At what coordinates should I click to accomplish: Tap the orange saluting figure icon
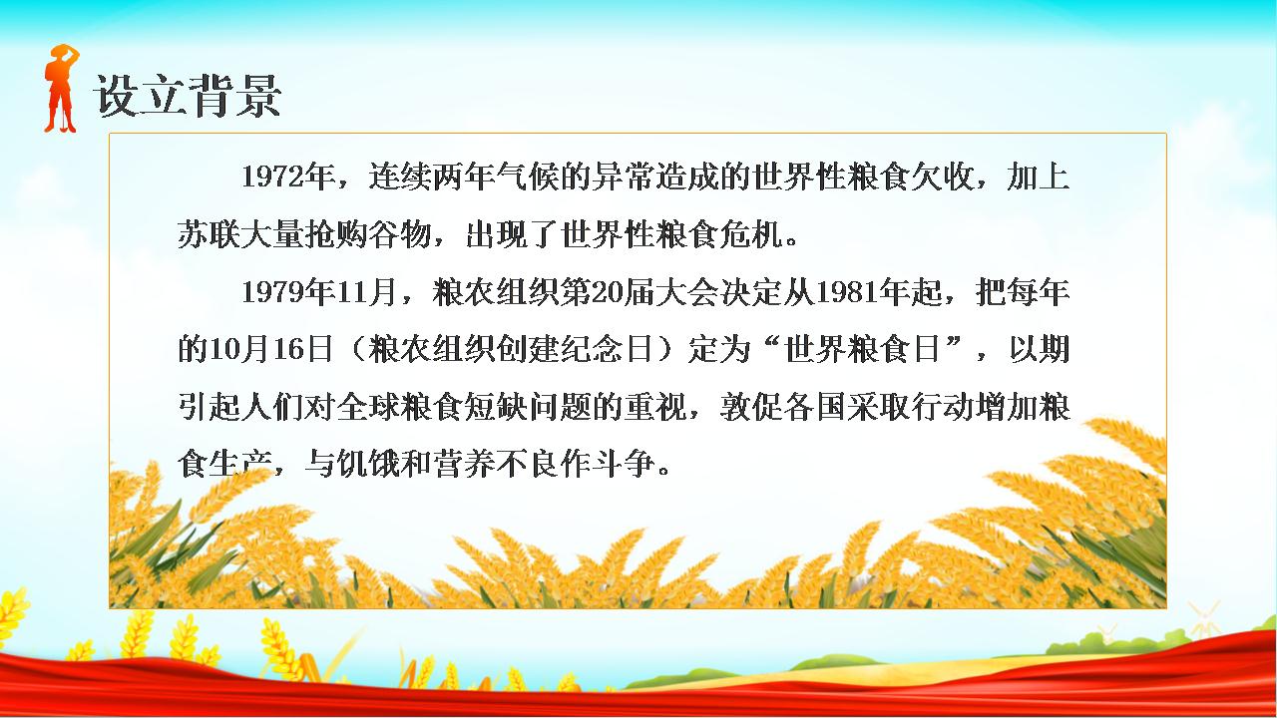click(x=61, y=88)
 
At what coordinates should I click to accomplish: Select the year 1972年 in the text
click(x=288, y=177)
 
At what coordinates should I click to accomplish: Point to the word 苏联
click(x=209, y=233)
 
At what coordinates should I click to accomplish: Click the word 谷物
click(x=400, y=233)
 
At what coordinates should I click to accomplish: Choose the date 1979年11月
click(x=320, y=292)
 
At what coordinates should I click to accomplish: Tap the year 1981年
click(x=864, y=292)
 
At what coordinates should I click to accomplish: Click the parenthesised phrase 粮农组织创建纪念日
click(x=511, y=349)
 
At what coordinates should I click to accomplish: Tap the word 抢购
click(x=336, y=233)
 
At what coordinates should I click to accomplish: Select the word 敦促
click(x=751, y=407)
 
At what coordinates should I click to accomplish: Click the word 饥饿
click(x=368, y=464)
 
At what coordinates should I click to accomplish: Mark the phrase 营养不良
click(x=496, y=464)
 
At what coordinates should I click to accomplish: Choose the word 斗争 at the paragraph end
click(x=624, y=464)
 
